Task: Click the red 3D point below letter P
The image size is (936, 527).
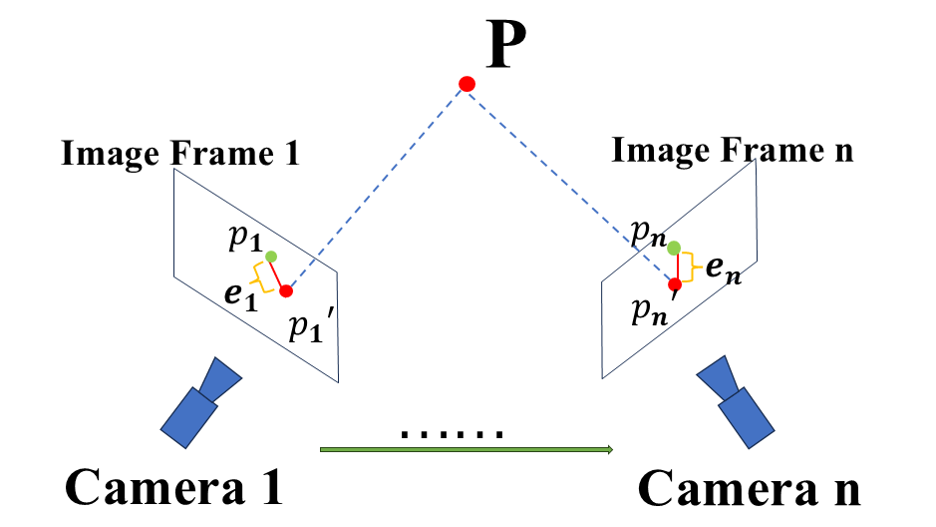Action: (x=467, y=84)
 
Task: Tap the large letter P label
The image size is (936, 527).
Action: (x=505, y=47)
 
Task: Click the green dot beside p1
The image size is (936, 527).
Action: (x=271, y=257)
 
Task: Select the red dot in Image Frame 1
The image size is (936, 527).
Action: (x=286, y=291)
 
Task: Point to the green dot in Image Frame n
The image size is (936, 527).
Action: (x=674, y=248)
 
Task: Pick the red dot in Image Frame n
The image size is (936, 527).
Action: (x=675, y=284)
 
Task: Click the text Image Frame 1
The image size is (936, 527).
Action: (x=180, y=155)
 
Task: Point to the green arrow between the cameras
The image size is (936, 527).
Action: (x=467, y=450)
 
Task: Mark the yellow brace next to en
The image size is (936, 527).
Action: (x=694, y=265)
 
